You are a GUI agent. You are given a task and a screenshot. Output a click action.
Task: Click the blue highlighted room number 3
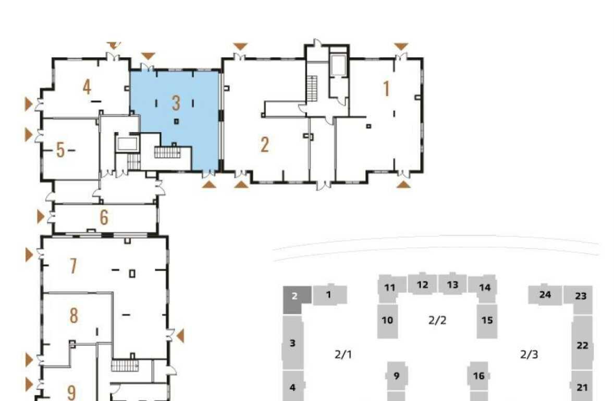(176, 103)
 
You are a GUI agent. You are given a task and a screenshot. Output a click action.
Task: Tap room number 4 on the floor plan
(87, 87)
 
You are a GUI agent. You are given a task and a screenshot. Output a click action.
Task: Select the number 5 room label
(60, 150)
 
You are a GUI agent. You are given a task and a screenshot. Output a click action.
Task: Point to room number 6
(104, 217)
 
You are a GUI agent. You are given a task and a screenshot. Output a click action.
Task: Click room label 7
(73, 266)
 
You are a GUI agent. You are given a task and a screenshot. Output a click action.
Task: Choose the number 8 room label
(73, 315)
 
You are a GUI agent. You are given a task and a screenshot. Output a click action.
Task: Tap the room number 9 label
(71, 392)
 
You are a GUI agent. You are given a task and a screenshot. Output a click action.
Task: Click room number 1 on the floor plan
(387, 88)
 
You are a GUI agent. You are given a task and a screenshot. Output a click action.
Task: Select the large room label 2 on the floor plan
(265, 145)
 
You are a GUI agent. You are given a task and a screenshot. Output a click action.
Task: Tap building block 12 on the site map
(422, 285)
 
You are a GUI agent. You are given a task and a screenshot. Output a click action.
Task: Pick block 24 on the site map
(545, 294)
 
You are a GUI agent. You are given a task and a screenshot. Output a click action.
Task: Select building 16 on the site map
(478, 376)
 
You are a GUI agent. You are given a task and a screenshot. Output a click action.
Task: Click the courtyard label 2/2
(437, 321)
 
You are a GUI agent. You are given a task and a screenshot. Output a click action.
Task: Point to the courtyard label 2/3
(529, 355)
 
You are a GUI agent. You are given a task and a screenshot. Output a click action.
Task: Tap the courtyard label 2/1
(343, 355)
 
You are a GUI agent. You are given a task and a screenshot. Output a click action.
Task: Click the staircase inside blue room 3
(167, 152)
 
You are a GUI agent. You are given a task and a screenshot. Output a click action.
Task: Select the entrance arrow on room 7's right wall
(180, 336)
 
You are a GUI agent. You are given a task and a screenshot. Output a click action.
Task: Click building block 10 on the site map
(387, 321)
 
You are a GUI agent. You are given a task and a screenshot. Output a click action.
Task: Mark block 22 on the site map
(582, 345)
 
